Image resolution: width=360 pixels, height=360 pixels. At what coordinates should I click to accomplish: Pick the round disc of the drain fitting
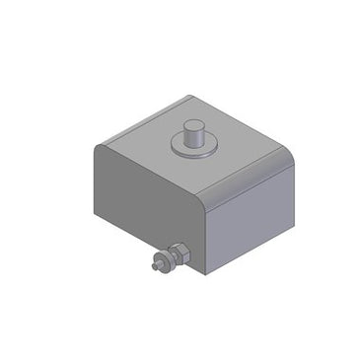164,260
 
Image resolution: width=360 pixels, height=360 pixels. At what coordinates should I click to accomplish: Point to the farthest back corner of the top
189,96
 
